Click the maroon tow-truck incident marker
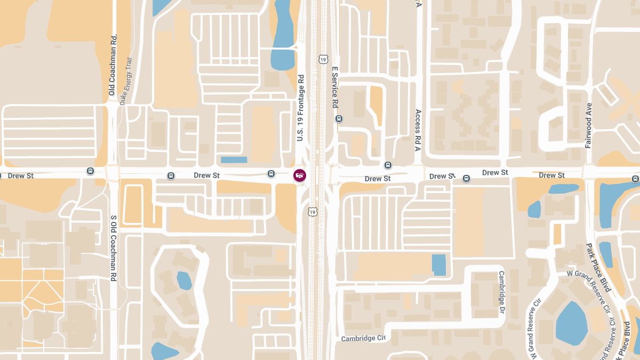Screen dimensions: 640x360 [300, 175]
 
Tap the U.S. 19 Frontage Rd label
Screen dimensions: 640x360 [300, 108]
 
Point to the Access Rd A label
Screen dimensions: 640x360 [418, 131]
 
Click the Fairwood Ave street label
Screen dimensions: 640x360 [589, 125]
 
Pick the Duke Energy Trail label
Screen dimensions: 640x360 [125, 81]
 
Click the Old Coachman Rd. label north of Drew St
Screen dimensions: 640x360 [112, 65]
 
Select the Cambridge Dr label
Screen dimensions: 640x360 [501, 292]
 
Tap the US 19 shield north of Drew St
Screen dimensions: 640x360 [323, 59]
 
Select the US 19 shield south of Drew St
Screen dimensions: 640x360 [311, 212]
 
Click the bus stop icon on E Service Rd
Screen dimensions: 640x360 [339, 119]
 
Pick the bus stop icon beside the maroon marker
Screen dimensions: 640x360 [271, 174]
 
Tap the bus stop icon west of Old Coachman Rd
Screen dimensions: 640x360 [90, 171]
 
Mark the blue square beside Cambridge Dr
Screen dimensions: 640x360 [438, 265]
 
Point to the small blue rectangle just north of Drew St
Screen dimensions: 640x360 [234, 159]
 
